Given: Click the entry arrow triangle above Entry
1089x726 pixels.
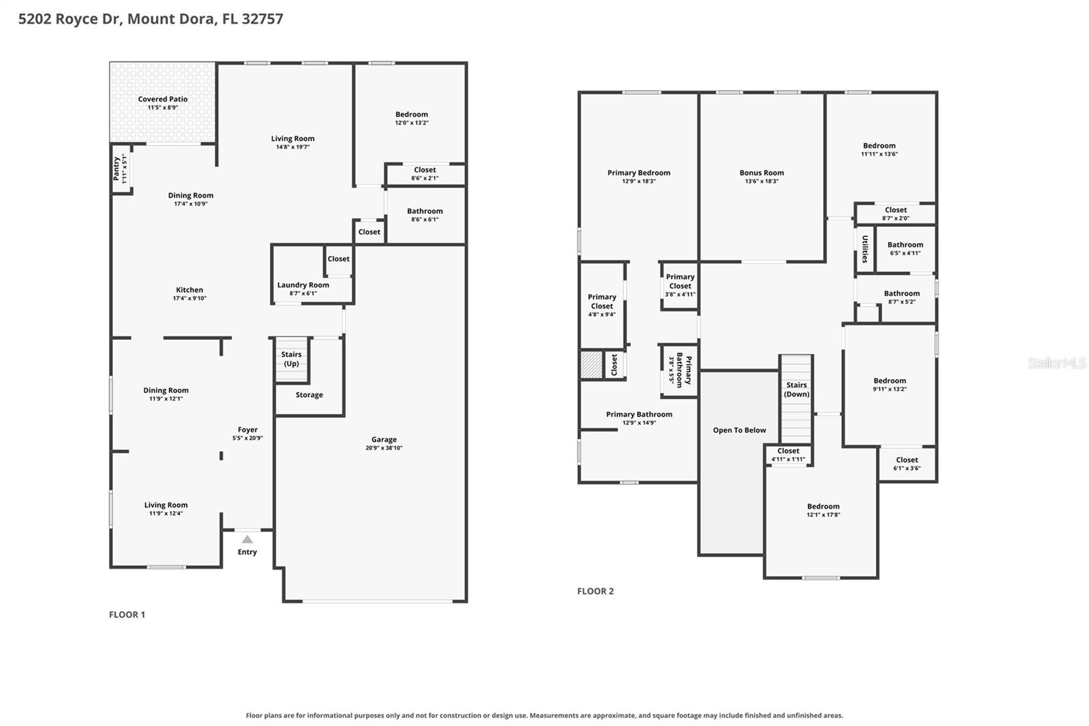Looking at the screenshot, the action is click(248, 539).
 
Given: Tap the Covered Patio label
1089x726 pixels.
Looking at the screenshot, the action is click(163, 99).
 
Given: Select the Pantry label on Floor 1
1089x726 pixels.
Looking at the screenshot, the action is click(116, 168).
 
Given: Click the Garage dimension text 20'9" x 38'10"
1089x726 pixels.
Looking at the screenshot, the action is click(384, 448).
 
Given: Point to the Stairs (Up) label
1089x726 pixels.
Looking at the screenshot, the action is click(291, 359).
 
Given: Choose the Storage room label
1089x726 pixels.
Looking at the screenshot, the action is click(309, 395).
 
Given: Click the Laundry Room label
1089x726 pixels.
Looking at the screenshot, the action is click(303, 285).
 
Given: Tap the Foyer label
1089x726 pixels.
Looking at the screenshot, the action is click(248, 430).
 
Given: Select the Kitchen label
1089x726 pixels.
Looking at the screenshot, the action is click(190, 290).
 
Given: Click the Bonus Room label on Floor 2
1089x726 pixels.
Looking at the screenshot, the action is click(762, 173).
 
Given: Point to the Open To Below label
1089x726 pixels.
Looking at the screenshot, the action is click(739, 430).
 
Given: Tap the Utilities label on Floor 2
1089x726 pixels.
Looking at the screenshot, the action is click(865, 249).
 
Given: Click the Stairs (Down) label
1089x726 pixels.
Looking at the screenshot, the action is click(796, 390).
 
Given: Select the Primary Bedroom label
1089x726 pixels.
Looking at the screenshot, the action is click(639, 173).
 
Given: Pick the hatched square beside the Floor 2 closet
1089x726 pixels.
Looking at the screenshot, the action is click(591, 364).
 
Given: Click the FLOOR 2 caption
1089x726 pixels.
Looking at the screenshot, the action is click(596, 591).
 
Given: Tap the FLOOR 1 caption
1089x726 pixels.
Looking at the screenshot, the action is click(127, 614).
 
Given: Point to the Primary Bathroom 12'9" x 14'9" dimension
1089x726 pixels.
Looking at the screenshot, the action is click(639, 423).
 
